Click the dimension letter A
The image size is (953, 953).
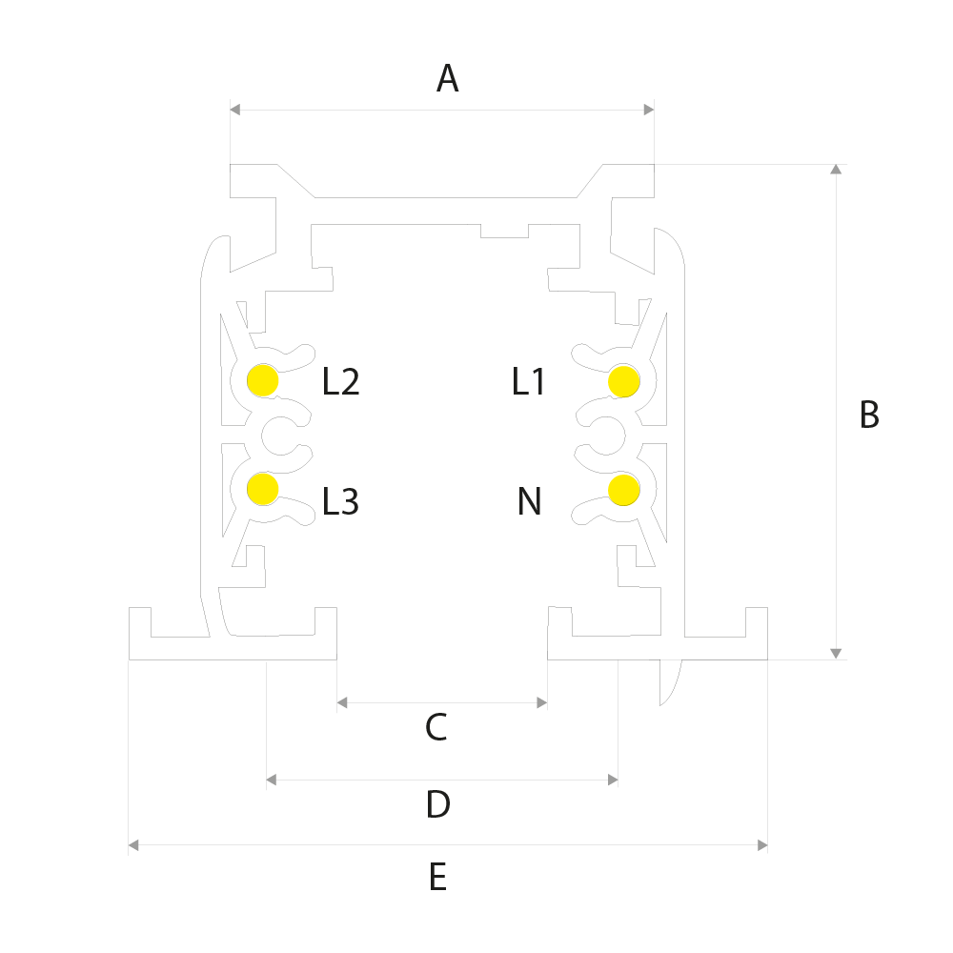pyautogui.click(x=447, y=78)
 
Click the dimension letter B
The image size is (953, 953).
pyautogui.click(x=869, y=415)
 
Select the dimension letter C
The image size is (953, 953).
pyautogui.click(x=436, y=727)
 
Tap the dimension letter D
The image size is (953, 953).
pyautogui.click(x=438, y=803)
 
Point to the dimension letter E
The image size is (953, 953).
pyautogui.click(x=437, y=877)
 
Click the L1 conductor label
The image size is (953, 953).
pyautogui.click(x=528, y=382)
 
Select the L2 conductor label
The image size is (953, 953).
pyautogui.click(x=340, y=382)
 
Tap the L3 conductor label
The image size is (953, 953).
pyautogui.click(x=340, y=501)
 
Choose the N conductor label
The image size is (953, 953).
pyautogui.click(x=529, y=501)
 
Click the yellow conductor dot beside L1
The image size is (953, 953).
pyautogui.click(x=623, y=382)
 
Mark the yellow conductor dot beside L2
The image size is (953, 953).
pyautogui.click(x=263, y=380)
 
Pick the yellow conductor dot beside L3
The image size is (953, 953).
pyautogui.click(x=263, y=489)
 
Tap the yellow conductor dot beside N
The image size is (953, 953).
pyautogui.click(x=623, y=490)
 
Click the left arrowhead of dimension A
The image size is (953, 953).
pyautogui.click(x=235, y=110)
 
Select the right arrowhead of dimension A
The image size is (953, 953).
pyautogui.click(x=648, y=110)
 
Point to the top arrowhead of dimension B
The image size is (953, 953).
pyautogui.click(x=837, y=169)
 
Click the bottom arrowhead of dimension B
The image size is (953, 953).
pyautogui.click(x=837, y=654)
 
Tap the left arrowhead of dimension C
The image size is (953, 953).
pyautogui.click(x=342, y=702)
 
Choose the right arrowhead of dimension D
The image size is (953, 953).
pyautogui.click(x=613, y=780)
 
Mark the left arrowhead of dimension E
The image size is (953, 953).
pyautogui.click(x=133, y=844)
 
